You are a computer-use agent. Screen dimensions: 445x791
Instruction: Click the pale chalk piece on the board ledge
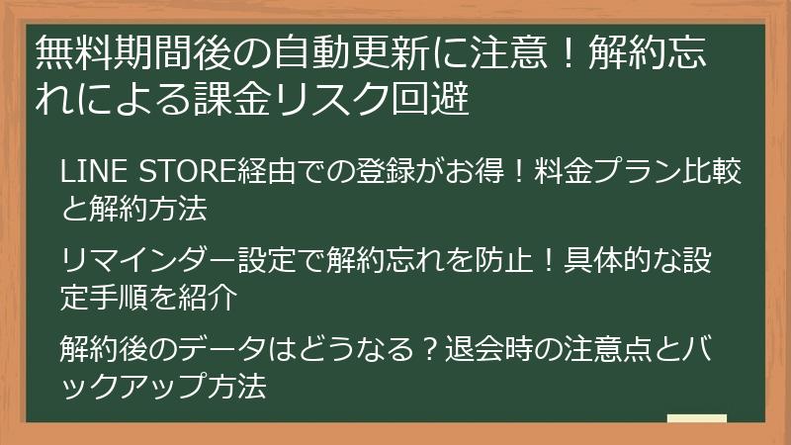[698, 419]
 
